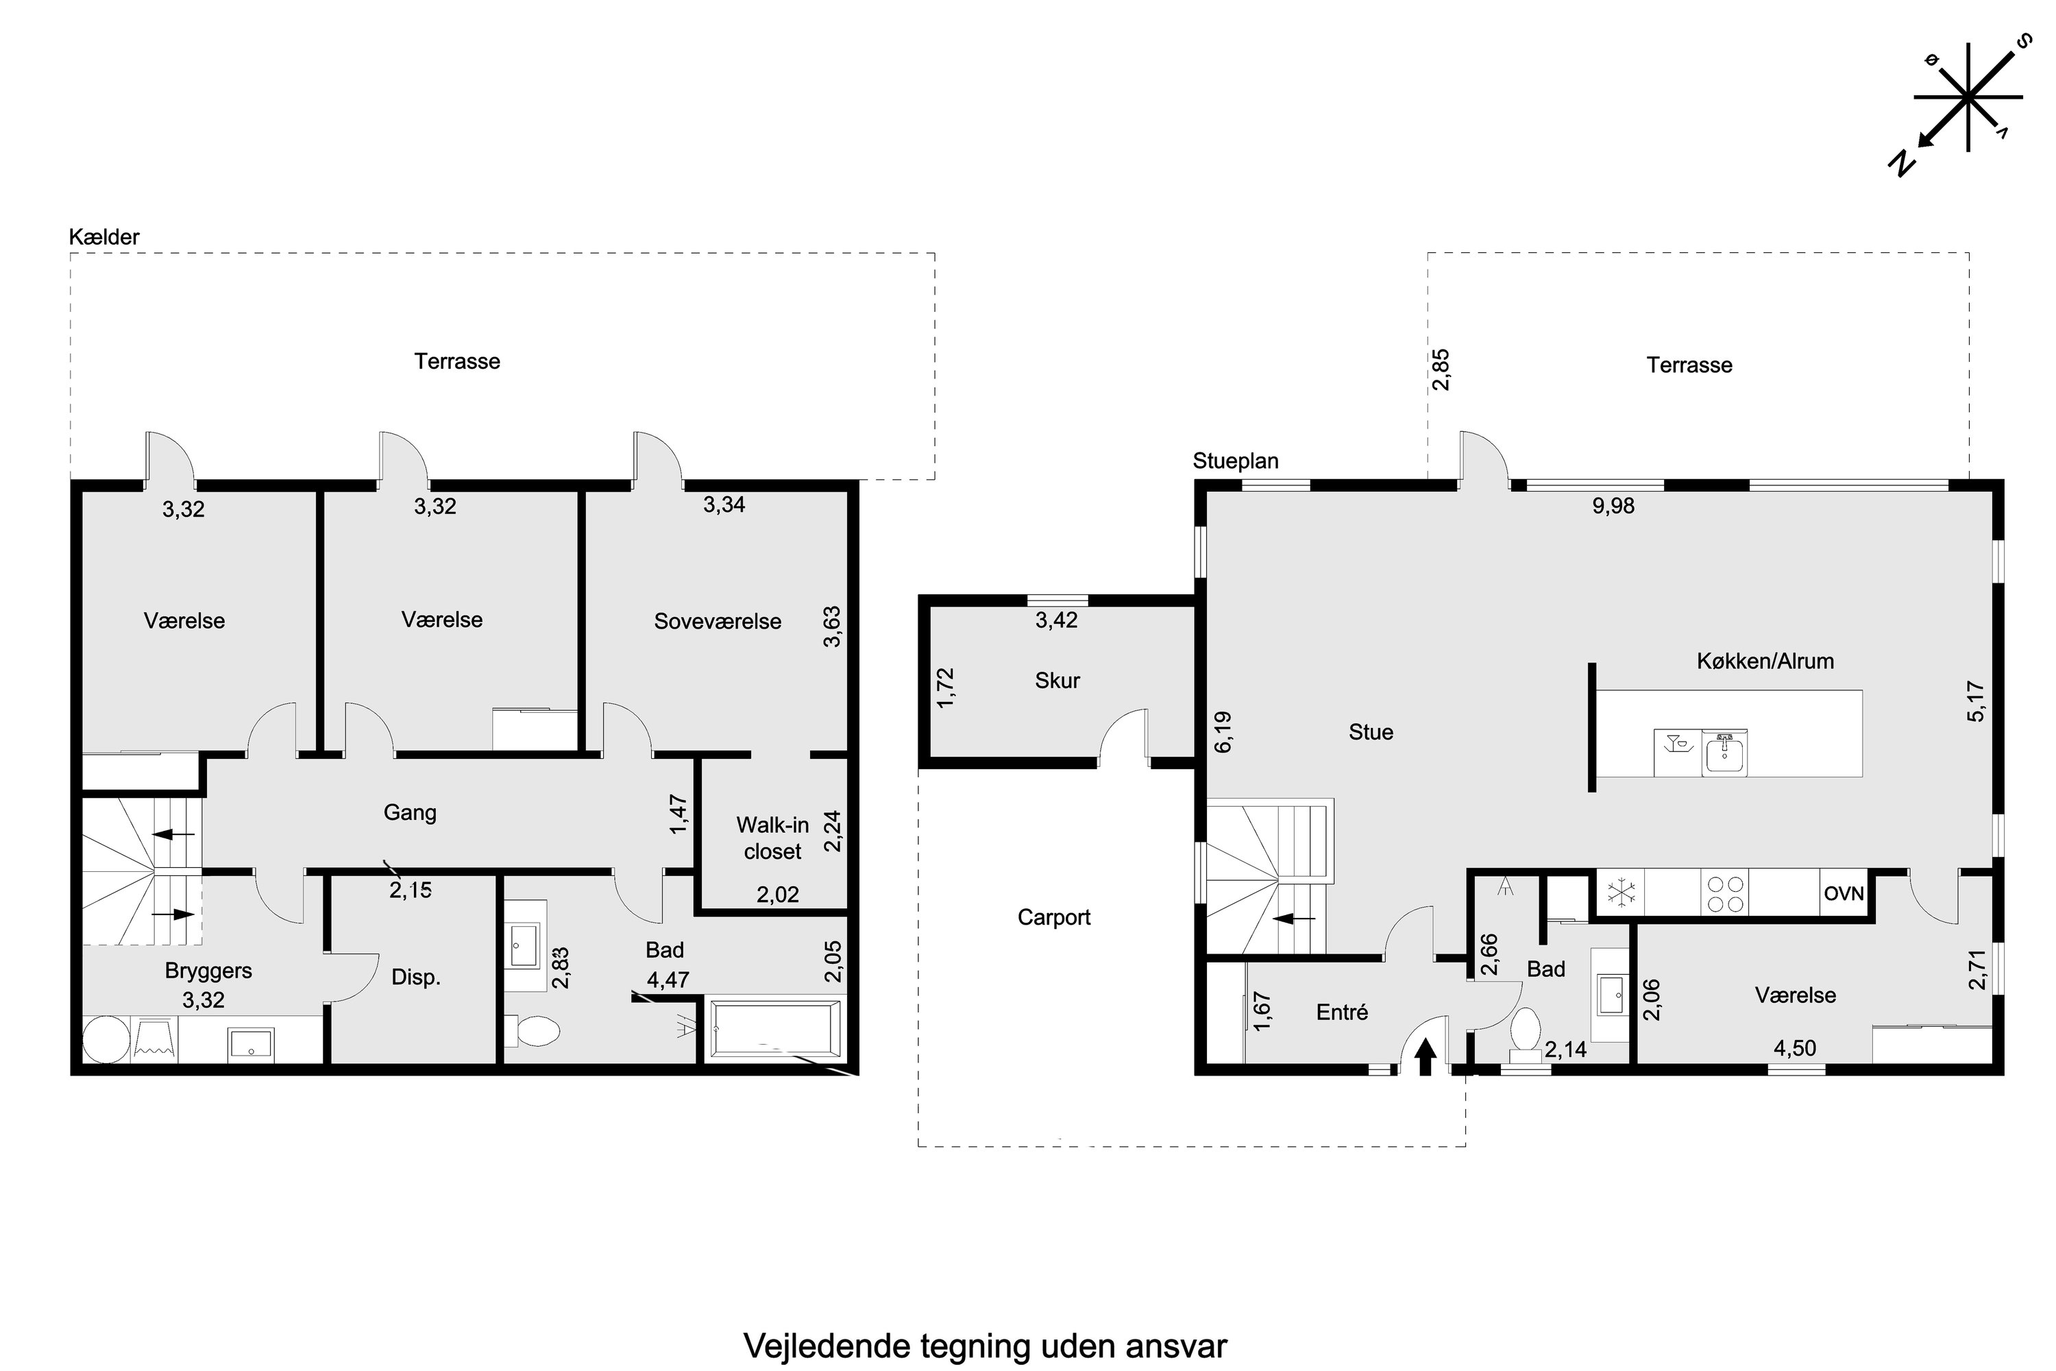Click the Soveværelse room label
717,622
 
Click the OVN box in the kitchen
1844,895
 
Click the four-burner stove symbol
1725,894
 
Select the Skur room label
1057,680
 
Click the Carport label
1053,917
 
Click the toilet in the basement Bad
535,1031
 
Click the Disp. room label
415,978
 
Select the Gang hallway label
410,812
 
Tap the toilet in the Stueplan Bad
1526,1031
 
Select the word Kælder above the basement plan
104,237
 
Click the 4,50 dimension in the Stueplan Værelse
1795,1047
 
